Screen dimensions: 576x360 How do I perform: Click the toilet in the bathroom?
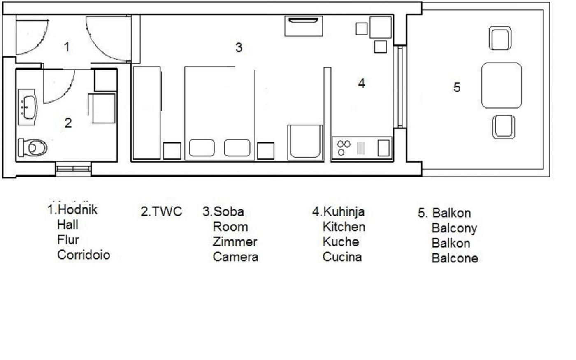(x=33, y=148)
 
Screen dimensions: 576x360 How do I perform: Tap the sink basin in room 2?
(x=29, y=107)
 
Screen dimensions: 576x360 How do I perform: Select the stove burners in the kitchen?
(x=344, y=148)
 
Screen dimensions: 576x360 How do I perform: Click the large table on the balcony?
(x=502, y=86)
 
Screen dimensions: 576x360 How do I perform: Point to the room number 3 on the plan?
(x=239, y=48)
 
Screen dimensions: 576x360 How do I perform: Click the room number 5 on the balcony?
(x=457, y=87)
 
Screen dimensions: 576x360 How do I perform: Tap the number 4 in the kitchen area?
(x=362, y=83)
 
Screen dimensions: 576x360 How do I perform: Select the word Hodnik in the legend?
(x=77, y=209)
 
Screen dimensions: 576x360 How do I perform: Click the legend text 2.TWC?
(x=161, y=211)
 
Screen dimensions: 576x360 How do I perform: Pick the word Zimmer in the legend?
(x=235, y=242)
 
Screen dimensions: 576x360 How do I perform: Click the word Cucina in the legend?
(x=342, y=257)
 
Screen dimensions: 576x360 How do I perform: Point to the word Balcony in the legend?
(x=454, y=228)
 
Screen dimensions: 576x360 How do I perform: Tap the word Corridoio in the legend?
(x=84, y=255)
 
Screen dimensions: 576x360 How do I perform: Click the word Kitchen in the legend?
(x=344, y=227)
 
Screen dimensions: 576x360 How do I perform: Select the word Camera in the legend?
(x=235, y=257)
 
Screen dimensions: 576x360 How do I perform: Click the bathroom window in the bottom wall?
(x=73, y=169)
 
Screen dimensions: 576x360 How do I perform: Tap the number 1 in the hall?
(x=67, y=47)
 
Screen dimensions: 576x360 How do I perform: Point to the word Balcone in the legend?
(x=455, y=258)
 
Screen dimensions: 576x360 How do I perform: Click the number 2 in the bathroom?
(x=68, y=123)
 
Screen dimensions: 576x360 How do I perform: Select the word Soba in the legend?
(x=228, y=211)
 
